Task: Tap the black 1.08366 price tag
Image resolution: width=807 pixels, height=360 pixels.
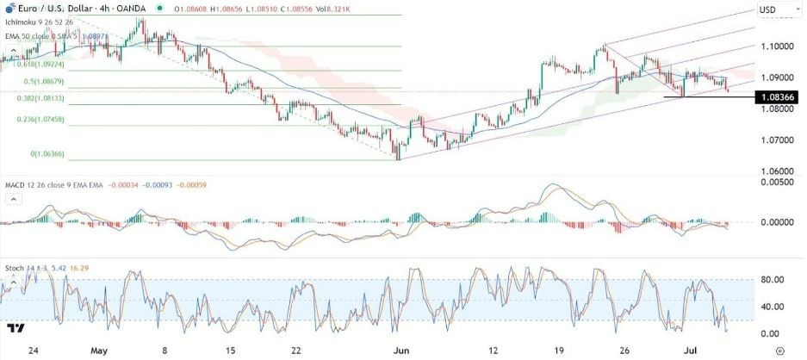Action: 778,97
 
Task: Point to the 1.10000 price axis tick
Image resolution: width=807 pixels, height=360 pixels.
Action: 778,47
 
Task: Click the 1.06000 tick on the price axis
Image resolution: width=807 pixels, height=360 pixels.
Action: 778,170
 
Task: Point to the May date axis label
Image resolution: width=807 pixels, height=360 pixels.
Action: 99,351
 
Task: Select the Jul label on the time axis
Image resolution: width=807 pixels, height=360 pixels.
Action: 699,351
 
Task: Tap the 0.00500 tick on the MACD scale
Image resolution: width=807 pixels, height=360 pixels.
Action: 778,183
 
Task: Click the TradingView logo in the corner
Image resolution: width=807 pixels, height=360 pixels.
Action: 15,329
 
